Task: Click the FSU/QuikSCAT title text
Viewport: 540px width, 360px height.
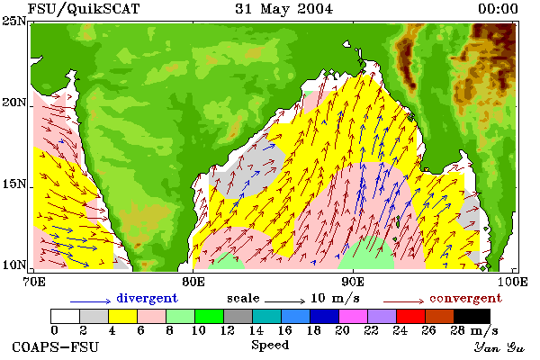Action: (84, 9)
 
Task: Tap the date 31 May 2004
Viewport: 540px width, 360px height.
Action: (284, 9)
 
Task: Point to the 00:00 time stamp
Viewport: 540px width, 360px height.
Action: (498, 9)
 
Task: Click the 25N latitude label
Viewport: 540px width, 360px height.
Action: (13, 22)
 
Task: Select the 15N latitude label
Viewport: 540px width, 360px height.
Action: (13, 184)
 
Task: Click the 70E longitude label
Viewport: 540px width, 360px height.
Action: (34, 282)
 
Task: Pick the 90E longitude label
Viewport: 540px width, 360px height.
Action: (353, 282)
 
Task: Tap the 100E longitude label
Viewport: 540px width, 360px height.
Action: (512, 282)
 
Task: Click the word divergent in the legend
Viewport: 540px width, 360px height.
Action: (147, 298)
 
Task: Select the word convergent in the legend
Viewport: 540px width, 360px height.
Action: (465, 298)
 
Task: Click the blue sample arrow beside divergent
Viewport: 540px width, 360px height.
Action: (91, 301)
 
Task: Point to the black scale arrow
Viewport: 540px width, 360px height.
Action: (284, 301)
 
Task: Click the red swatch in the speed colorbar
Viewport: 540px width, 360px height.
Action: (410, 316)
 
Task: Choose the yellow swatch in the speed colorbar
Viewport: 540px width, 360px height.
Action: (122, 316)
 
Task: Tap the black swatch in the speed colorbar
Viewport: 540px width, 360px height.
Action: (472, 316)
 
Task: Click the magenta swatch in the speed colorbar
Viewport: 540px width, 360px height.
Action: (353, 316)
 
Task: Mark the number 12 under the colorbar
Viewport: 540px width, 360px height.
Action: (228, 330)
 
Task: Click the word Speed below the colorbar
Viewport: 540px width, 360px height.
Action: (270, 346)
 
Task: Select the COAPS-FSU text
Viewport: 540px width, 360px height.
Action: (55, 346)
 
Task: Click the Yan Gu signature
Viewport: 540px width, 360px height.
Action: (499, 347)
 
